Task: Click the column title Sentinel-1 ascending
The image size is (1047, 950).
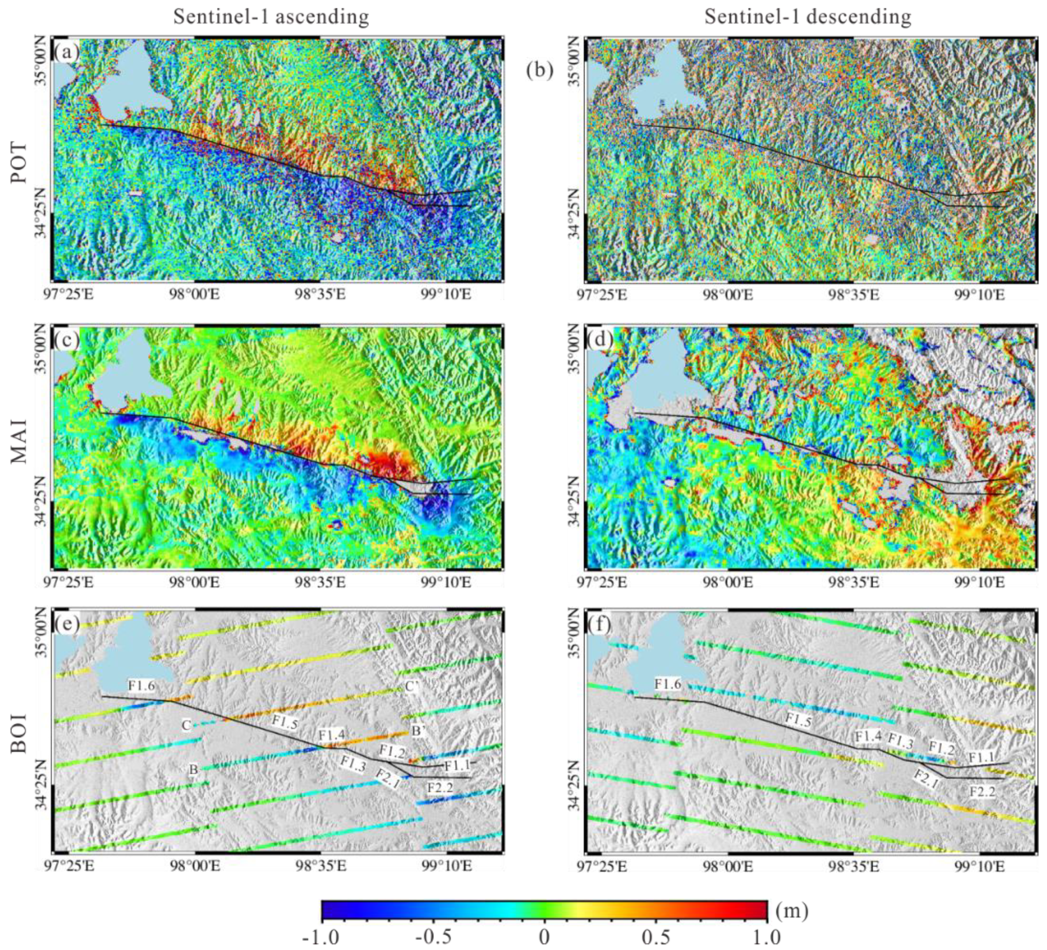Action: point(271,17)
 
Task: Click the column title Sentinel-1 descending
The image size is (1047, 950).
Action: point(807,17)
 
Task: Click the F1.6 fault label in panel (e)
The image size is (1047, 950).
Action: point(141,685)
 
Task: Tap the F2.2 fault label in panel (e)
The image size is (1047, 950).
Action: point(440,787)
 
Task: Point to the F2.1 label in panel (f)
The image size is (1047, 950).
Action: point(926,780)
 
